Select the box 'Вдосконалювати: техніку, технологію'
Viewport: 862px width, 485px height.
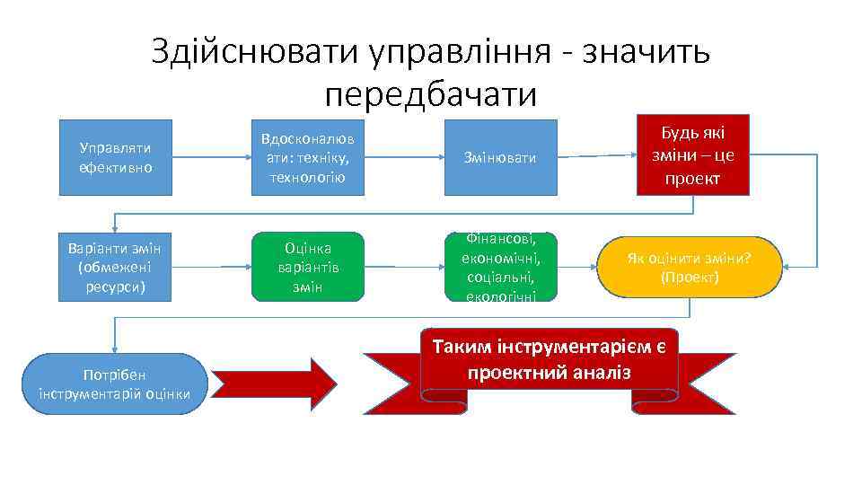point(306,157)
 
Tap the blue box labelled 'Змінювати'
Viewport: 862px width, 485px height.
point(499,157)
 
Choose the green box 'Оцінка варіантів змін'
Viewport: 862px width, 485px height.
point(307,267)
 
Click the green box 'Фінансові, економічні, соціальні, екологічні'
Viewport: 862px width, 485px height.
point(499,267)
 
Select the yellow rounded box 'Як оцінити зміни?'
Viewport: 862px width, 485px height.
point(689,267)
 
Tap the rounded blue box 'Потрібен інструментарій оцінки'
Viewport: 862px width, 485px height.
point(114,384)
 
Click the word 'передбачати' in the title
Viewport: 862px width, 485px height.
point(431,93)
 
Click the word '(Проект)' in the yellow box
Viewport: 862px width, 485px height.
point(689,278)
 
